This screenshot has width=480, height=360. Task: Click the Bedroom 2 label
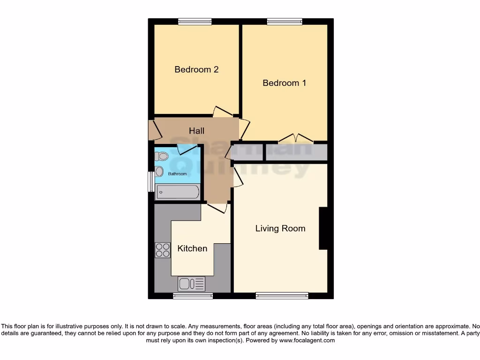point(196,69)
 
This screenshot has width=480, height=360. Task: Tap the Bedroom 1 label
point(284,83)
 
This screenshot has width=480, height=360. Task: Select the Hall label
point(196,131)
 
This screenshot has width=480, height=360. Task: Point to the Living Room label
point(280,228)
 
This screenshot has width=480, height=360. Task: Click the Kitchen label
point(192,248)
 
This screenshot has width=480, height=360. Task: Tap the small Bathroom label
point(178,174)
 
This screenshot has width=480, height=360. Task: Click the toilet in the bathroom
point(162,156)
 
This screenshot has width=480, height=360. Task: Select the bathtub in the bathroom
point(178,192)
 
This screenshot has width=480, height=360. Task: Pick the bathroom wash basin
point(159,172)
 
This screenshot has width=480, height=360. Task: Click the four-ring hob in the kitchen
point(163,250)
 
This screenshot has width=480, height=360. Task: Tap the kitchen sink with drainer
point(191,284)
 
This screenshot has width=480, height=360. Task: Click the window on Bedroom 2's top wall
point(195,21)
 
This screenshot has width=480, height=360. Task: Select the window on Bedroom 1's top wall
point(285,21)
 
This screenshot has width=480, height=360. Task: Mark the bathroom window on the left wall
point(150,181)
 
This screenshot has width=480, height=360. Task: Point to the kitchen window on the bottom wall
point(193,296)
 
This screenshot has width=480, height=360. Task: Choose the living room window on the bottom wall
point(282,296)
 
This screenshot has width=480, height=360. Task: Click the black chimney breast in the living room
point(323,228)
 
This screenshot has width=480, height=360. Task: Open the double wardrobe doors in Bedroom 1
point(295,138)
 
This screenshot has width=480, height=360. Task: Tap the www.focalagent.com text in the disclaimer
point(307,341)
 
